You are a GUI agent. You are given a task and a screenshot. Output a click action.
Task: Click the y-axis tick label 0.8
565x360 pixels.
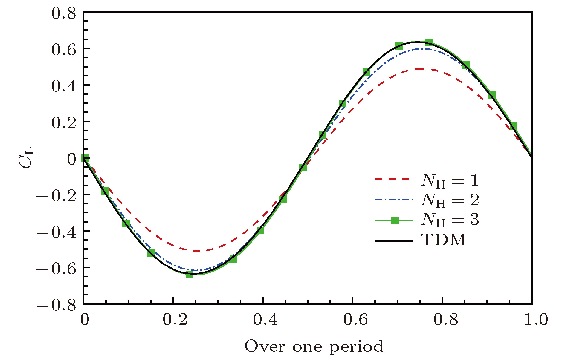coord(64,13)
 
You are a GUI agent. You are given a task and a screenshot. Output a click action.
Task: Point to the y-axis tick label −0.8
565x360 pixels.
coord(56,305)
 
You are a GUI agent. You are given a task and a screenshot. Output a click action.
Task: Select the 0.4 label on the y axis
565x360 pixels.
coord(64,86)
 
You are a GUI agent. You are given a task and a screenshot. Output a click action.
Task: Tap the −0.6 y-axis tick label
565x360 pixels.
coord(56,269)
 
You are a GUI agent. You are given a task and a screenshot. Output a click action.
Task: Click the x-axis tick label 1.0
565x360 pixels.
coord(536,319)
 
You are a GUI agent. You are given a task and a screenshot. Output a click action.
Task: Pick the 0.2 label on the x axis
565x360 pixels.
coord(175,319)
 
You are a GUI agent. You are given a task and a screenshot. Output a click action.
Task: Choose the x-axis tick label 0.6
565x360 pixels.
coord(355,319)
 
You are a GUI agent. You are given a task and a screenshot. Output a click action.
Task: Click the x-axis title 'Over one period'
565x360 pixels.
coord(314,347)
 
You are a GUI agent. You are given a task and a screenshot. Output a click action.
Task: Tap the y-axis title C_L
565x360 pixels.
coord(26,158)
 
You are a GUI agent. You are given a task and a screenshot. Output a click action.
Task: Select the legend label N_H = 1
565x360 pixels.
coord(450,181)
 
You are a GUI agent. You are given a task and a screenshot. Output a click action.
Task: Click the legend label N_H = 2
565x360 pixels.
coord(450,200)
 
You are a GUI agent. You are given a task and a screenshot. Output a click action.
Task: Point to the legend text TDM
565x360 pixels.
coord(443,240)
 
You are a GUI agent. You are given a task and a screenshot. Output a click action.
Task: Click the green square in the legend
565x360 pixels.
coord(395,220)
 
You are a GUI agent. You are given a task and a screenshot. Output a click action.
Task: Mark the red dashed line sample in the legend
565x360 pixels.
coord(393,179)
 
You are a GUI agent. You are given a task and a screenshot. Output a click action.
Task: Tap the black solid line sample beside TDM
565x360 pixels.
coord(393,241)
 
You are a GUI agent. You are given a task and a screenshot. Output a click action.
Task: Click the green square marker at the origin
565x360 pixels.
coord(85,158)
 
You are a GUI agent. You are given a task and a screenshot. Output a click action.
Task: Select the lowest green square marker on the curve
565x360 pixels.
coord(190,274)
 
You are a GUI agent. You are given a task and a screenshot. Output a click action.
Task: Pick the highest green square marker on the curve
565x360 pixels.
coord(429,42)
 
